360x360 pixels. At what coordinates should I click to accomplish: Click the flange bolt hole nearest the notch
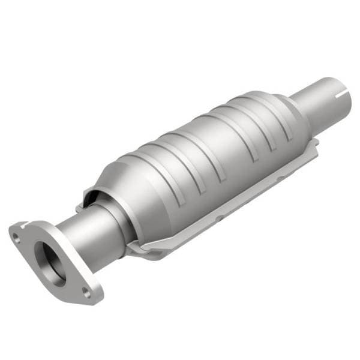coord(17,238)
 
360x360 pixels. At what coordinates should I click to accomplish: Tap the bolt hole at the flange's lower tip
coord(86,292)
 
